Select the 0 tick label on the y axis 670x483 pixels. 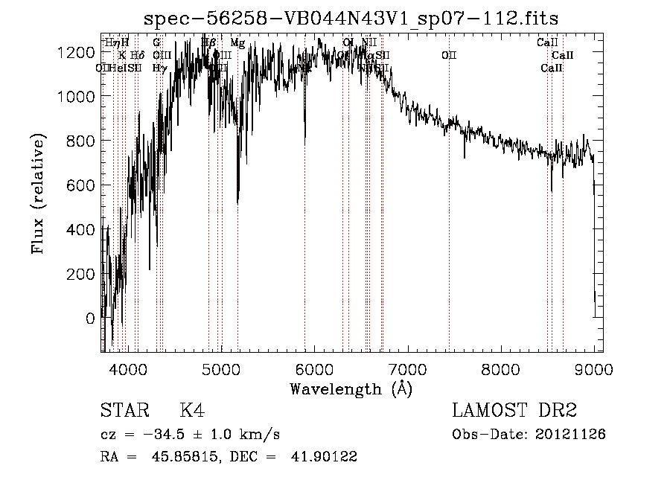(x=90, y=319)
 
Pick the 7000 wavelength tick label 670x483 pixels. (x=407, y=367)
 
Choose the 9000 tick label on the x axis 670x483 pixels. (x=593, y=367)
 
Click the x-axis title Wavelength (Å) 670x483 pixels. (x=351, y=388)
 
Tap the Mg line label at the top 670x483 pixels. (x=237, y=43)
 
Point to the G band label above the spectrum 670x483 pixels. (x=156, y=43)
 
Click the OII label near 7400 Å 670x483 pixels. (x=449, y=56)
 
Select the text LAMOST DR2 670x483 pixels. (x=514, y=411)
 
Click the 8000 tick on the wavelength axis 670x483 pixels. (x=500, y=367)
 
